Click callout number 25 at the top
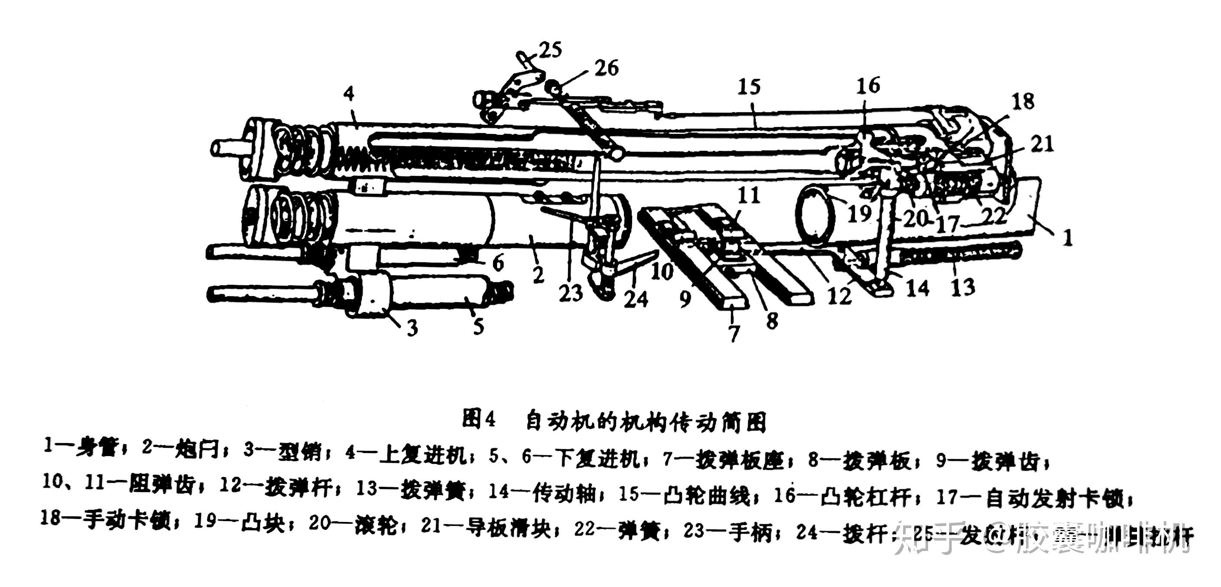551,49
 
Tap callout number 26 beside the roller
607,68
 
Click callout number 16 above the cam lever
868,85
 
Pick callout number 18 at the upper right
1023,101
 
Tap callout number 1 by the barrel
1068,237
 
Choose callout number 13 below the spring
963,287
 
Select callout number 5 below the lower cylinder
479,326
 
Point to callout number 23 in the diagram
570,293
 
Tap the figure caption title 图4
479,420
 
